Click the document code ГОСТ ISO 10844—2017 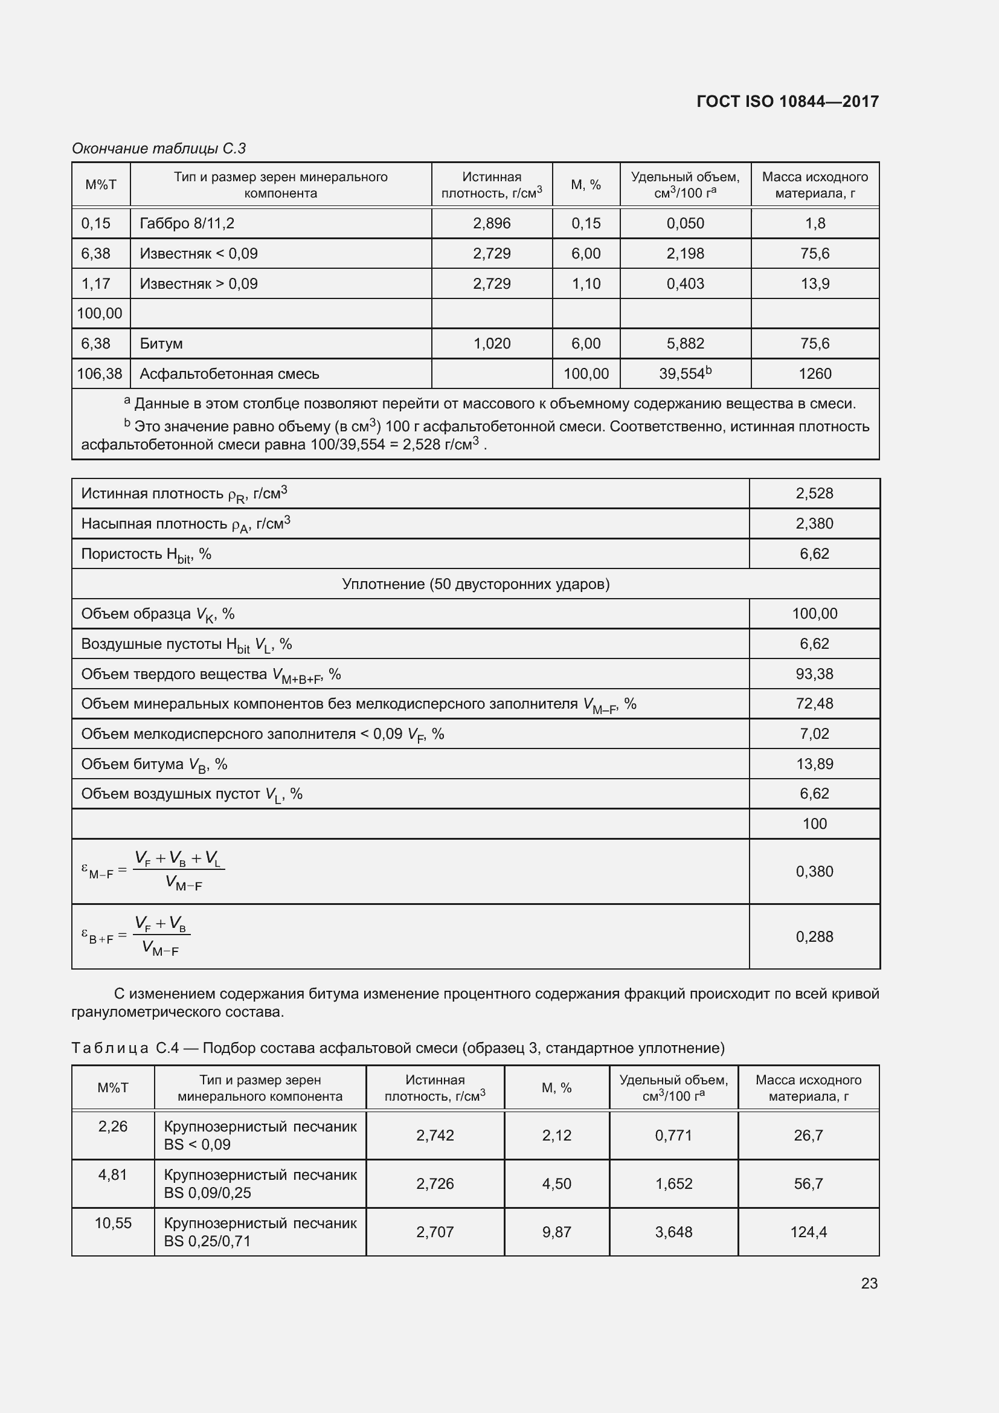tap(788, 101)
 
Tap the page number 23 tap(869, 1283)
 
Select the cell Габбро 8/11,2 tap(187, 224)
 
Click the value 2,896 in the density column tap(492, 224)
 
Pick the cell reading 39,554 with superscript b tap(685, 373)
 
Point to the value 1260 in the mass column tap(814, 373)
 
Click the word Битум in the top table tap(161, 343)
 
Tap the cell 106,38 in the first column tap(100, 373)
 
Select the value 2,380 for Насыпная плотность tap(814, 524)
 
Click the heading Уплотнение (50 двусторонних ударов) tap(475, 584)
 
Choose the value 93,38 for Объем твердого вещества tap(814, 674)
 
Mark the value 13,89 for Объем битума tap(814, 764)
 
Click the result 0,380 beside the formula tap(814, 872)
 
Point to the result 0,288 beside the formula tap(814, 937)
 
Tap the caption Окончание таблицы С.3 tap(159, 149)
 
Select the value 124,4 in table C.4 tap(808, 1232)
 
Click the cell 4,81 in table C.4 tap(112, 1175)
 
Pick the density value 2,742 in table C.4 tap(435, 1136)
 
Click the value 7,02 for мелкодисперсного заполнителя tap(814, 733)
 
